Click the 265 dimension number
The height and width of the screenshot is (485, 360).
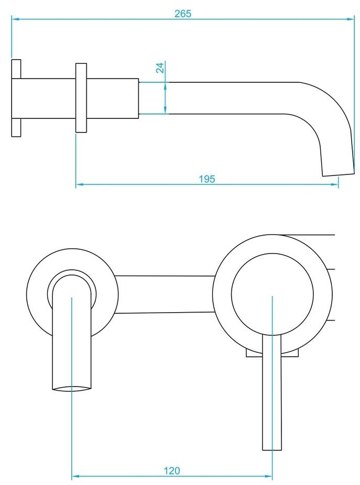coord(183,14)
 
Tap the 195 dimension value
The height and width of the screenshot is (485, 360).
coord(207,179)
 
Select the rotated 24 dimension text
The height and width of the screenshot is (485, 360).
coord(160,68)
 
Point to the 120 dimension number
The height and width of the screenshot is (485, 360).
coord(171,470)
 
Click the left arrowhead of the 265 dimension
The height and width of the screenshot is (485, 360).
coord(16,19)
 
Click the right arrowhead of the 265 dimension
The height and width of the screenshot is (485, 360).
coord(351,19)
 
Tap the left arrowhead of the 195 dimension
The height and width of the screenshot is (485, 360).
coord(80,184)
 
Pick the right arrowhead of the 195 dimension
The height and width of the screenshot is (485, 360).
coord(335,184)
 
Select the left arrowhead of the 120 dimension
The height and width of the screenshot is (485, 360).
coord(75,476)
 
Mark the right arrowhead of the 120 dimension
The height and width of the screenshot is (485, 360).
coord(268,476)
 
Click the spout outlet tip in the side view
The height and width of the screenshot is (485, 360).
coord(339,174)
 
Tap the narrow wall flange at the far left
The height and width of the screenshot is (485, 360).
coord(16,98)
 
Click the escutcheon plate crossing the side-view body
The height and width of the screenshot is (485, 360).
coord(81,98)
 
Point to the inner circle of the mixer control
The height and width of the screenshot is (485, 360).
coord(272,294)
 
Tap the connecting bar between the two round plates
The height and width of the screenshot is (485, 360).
coord(165,294)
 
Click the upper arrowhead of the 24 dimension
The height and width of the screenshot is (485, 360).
coord(165,86)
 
